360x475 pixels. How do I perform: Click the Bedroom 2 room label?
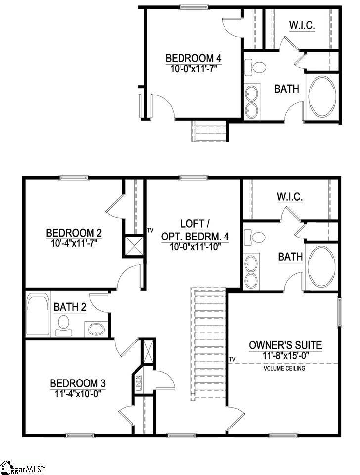[x=70, y=233]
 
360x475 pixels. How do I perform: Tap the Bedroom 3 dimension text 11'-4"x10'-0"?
[x=78, y=394]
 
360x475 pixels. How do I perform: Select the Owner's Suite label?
[x=285, y=345]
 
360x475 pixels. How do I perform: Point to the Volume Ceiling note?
[x=284, y=368]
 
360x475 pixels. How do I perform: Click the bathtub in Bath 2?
[x=38, y=315]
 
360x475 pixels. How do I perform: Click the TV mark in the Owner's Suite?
[x=232, y=359]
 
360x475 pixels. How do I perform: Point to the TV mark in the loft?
[x=150, y=230]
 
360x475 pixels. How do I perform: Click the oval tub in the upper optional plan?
[x=322, y=97]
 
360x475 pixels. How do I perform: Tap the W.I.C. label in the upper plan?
[x=301, y=25]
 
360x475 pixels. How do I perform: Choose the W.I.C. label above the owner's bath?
[x=289, y=197]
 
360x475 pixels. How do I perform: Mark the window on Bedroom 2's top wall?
[x=74, y=178]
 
